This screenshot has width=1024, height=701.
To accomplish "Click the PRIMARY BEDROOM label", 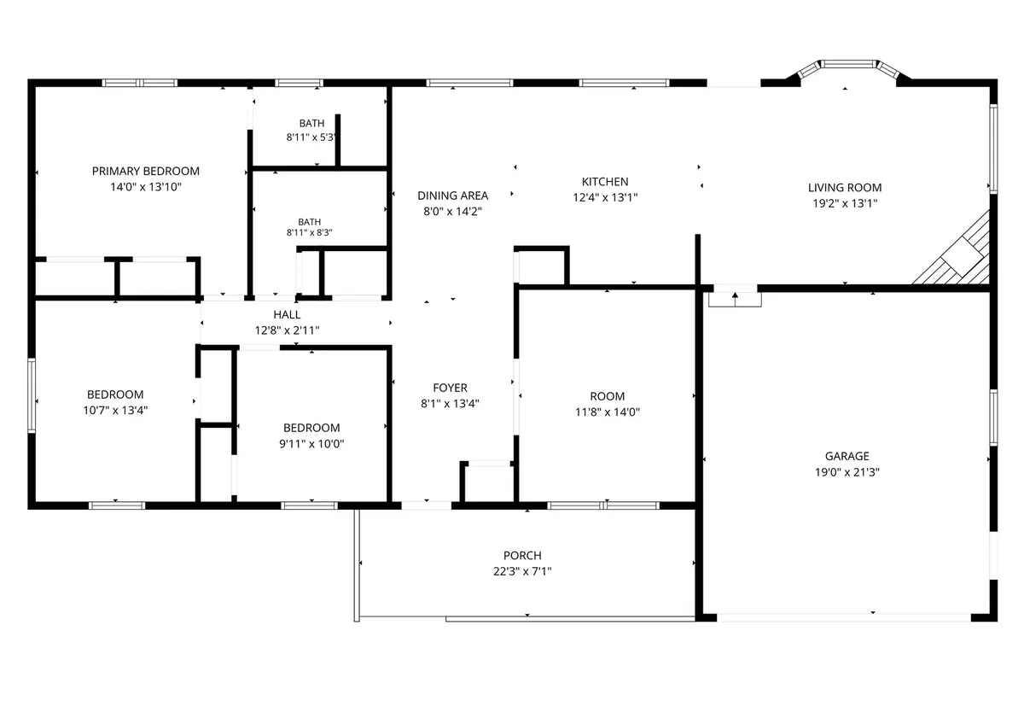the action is pos(146,171).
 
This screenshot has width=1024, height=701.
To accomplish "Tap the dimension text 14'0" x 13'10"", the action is pos(146,187).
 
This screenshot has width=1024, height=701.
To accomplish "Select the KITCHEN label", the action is pos(605,182).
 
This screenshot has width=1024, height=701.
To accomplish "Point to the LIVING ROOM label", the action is pos(845,188).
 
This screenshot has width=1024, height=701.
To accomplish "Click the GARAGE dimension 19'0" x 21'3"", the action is pos(847,472).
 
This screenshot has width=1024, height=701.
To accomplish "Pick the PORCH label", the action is pos(522,556).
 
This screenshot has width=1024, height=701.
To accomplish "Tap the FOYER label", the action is pos(451,388).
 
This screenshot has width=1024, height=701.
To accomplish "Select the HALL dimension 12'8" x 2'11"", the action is pos(287,330).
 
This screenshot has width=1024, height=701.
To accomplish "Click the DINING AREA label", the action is pos(452,196).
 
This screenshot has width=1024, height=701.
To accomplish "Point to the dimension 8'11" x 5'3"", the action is pos(311,137).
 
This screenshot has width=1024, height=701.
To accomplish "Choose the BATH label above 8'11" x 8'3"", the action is pos(310,222).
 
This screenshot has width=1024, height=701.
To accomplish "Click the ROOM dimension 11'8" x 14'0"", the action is pos(607,412).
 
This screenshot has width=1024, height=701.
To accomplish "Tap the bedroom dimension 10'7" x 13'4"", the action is pos(115,410).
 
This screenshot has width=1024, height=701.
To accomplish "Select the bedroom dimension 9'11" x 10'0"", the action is pos(311,443).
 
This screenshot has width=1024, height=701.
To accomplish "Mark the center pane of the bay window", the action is pos(848,64).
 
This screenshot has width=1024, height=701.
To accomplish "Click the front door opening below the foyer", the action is pos(427,505).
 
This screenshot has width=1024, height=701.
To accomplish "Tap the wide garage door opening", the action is pos(843,617).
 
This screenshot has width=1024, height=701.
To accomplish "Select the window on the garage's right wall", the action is pos(993,418).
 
